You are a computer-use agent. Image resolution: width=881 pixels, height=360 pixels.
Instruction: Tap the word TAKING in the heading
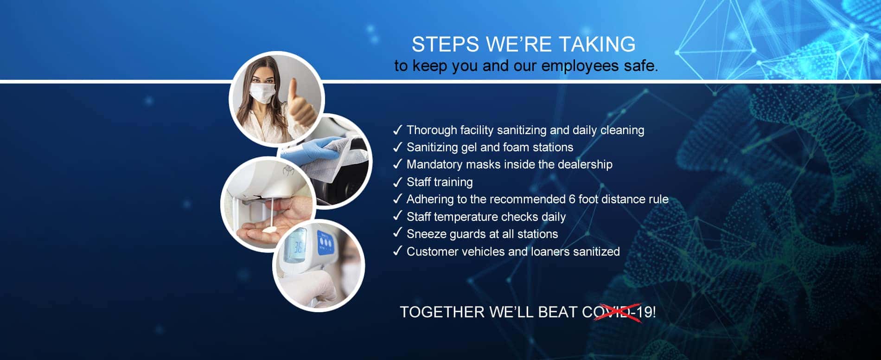coord(597,45)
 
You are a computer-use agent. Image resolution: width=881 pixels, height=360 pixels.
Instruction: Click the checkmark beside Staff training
coord(397,181)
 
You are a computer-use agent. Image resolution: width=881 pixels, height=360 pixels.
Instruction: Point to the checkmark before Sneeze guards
coord(397,233)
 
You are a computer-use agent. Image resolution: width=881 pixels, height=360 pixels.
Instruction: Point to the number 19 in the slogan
coord(644,312)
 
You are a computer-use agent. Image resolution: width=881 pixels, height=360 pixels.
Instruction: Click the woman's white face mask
coord(262,92)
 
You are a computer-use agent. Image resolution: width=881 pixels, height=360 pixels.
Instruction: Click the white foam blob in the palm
coord(269,229)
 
